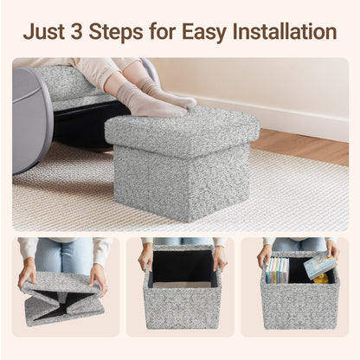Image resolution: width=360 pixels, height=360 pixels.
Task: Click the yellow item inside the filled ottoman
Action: [x=320, y=279]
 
